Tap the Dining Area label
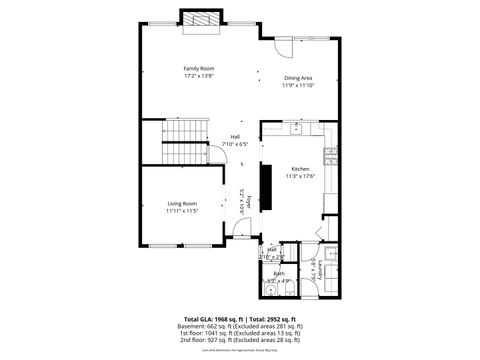299,77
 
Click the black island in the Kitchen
266,186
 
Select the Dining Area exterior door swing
278,48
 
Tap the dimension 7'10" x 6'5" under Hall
235,145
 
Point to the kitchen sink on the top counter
296,129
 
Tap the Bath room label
279,273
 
